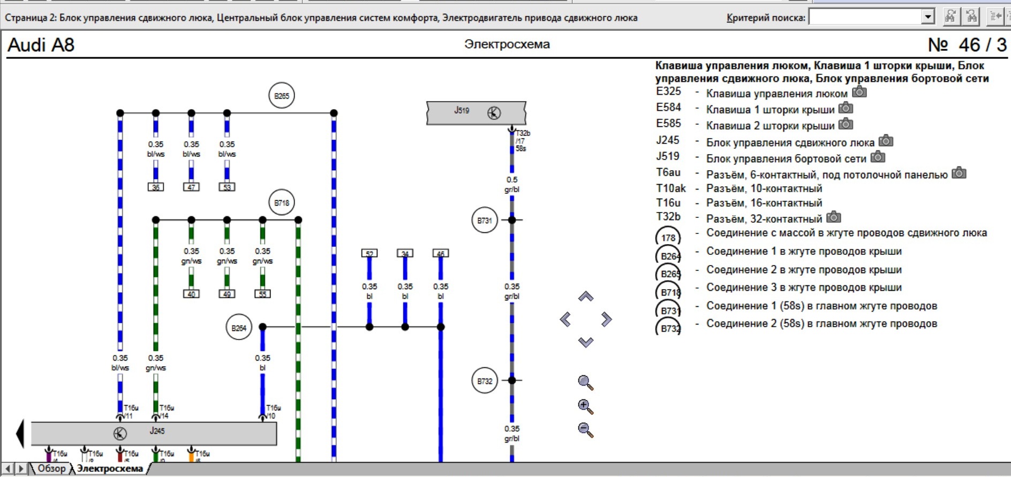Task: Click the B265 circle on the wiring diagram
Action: [x=282, y=96]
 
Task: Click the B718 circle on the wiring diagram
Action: [x=282, y=203]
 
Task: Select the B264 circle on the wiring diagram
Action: [x=239, y=328]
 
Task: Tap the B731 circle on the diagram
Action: [x=485, y=221]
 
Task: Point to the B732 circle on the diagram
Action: [x=485, y=381]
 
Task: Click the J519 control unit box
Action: [x=476, y=112]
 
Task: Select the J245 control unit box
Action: [x=154, y=433]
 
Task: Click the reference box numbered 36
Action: [x=156, y=187]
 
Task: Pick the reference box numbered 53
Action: [x=227, y=187]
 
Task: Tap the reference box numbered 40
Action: [x=192, y=294]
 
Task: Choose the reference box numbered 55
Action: [x=262, y=294]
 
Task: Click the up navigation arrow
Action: [x=586, y=297]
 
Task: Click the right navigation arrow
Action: [x=606, y=320]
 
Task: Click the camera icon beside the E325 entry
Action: [x=859, y=92]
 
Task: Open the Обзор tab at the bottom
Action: [x=51, y=468]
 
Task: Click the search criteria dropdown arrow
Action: [x=928, y=17]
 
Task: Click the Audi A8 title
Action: [x=41, y=45]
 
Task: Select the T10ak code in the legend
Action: [x=671, y=188]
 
